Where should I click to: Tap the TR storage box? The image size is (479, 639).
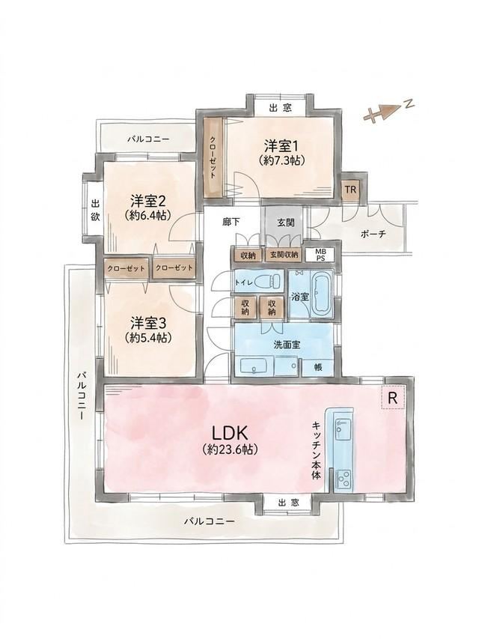click(351, 190)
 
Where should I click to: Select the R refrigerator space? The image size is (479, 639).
click(393, 397)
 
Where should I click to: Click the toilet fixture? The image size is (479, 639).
click(269, 281)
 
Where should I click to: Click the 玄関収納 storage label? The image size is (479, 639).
click(284, 255)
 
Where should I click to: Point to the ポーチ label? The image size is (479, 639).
click(373, 234)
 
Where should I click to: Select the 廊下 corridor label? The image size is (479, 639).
click(231, 222)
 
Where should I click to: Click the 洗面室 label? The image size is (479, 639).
click(287, 345)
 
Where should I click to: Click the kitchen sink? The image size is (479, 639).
click(342, 428)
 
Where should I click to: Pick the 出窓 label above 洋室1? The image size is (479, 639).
click(281, 109)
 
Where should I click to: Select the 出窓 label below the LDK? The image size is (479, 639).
click(288, 503)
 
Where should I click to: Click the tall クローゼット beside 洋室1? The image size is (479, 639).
click(213, 157)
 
